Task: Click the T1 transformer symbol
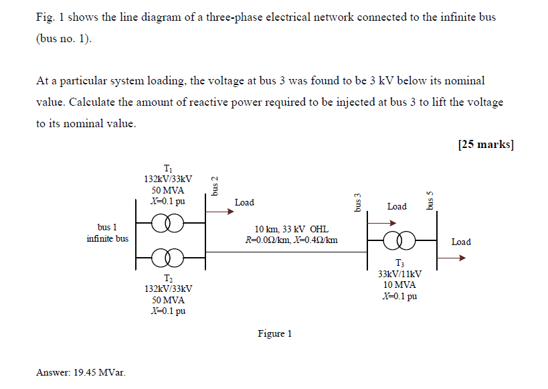[168, 222]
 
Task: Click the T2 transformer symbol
[168, 256]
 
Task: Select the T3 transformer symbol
[399, 238]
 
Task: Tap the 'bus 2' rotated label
[215, 185]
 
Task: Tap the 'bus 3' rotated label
[357, 202]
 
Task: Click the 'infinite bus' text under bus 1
[107, 238]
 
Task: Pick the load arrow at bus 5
[452, 256]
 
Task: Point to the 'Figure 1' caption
[275, 333]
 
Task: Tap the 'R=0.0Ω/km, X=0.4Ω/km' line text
[291, 240]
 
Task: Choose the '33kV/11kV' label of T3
[399, 274]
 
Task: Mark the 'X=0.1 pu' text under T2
[168, 311]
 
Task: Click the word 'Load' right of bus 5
[461, 242]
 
